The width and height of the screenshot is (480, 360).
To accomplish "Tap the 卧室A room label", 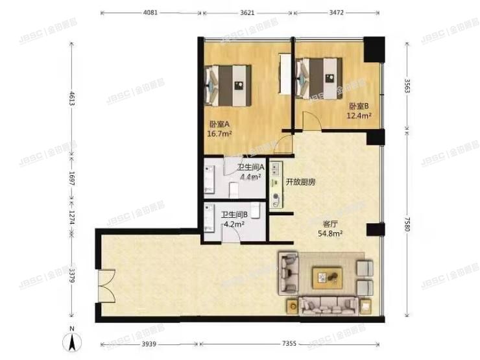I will tap(219, 125).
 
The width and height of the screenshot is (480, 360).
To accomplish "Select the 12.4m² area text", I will tap(360, 116).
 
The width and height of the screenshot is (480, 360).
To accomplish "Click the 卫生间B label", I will tap(234, 215).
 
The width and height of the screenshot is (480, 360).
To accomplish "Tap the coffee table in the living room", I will tap(328, 278).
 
